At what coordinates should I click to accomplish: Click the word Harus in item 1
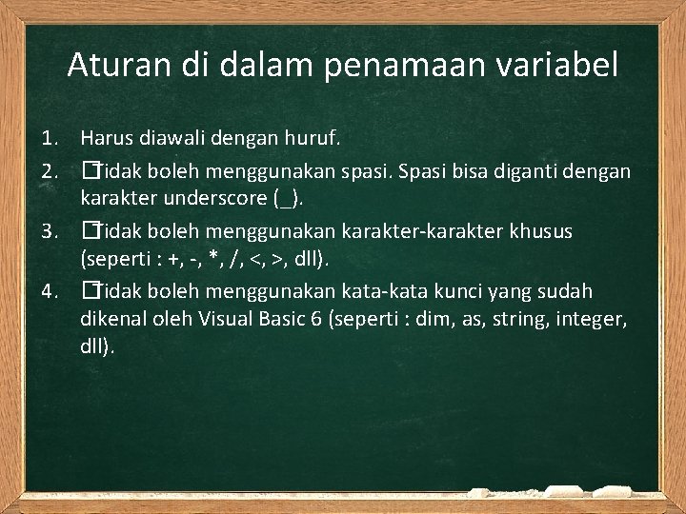tap(105, 140)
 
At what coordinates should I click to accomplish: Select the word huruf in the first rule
tap(313, 140)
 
